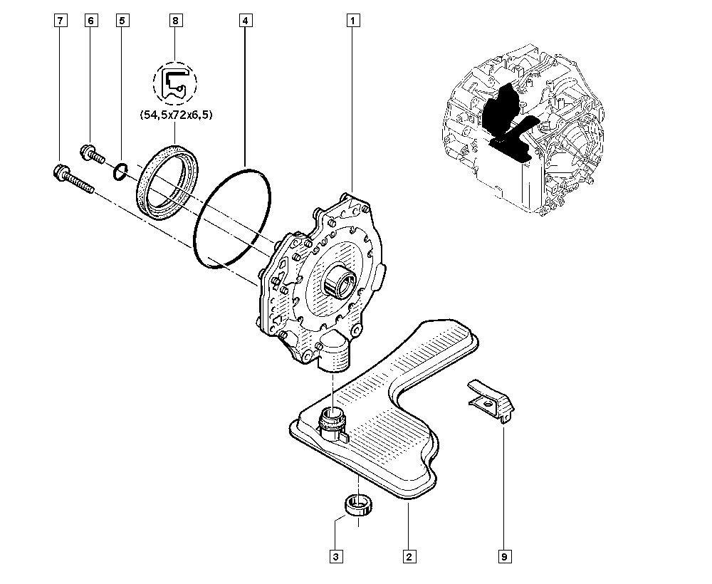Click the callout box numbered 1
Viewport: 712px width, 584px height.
[x=352, y=21]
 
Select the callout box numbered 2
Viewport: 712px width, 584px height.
[x=408, y=556]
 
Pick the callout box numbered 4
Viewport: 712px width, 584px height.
[x=244, y=21]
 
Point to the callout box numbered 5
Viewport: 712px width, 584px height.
[x=122, y=21]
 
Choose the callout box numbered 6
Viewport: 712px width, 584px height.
[x=90, y=21]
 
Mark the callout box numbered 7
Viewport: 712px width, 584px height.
[x=60, y=21]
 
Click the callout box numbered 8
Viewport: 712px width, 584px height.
[x=175, y=21]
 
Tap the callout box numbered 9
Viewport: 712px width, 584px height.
[x=505, y=556]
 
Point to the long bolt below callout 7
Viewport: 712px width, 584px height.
[x=72, y=178]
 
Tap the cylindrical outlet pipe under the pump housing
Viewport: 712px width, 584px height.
[x=335, y=355]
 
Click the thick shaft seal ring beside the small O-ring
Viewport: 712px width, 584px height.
[x=169, y=182]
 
